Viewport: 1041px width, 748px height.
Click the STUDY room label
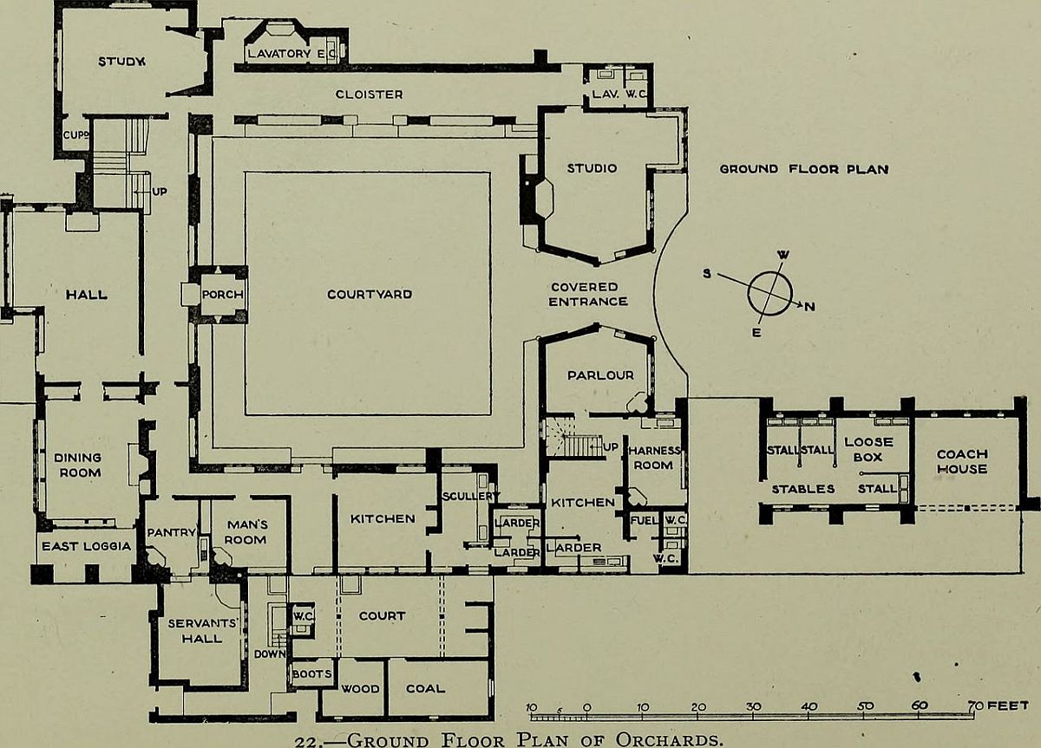(121, 62)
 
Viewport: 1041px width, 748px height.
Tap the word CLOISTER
(370, 94)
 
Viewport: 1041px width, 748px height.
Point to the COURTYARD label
(370, 295)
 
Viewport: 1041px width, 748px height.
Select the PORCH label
(223, 295)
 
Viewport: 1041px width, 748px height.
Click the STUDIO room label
(592, 168)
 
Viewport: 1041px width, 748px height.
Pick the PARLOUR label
(600, 375)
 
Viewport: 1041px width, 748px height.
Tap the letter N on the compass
(810, 307)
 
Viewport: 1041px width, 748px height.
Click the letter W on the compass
(783, 255)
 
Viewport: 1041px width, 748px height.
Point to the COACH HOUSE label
(962, 461)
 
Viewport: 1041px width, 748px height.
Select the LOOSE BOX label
(868, 450)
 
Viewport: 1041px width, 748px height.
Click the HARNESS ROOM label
(654, 458)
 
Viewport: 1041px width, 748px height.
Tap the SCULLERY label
(470, 497)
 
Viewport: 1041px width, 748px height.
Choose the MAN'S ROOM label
(246, 532)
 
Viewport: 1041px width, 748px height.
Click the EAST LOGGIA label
(87, 546)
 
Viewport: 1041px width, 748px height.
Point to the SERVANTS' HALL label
(202, 631)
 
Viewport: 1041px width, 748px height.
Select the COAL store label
(425, 688)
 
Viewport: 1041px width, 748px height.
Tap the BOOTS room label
(311, 673)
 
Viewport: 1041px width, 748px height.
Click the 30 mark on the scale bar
(753, 706)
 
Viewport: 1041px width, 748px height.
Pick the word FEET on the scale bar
(1007, 706)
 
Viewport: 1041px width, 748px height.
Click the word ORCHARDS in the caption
(669, 739)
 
